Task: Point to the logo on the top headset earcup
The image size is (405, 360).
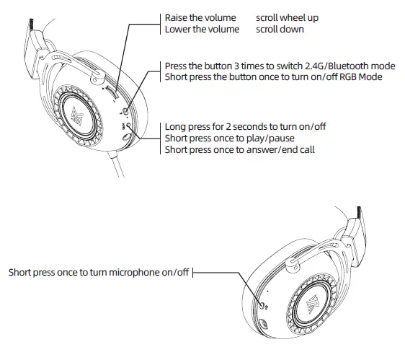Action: click(79, 115)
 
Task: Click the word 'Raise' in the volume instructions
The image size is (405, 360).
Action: click(177, 17)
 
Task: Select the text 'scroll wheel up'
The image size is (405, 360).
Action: click(287, 17)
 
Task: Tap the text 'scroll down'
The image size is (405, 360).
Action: click(280, 30)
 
